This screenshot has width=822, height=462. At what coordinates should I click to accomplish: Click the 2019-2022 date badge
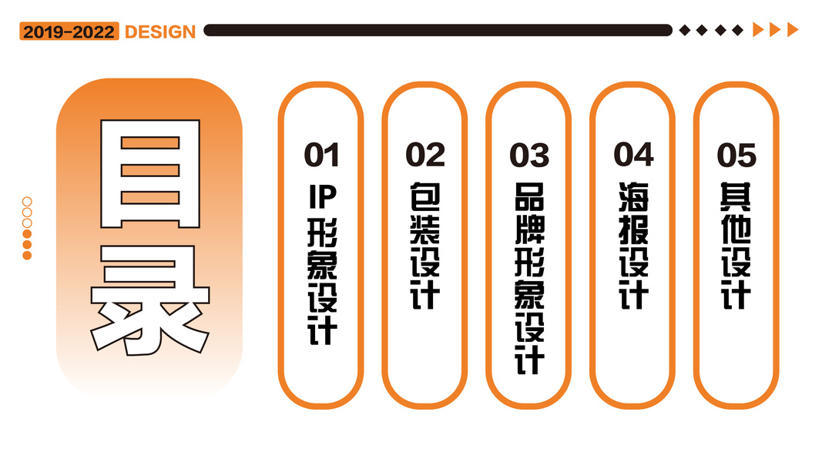click(x=69, y=32)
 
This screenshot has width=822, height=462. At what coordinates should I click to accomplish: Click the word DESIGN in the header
click(x=160, y=32)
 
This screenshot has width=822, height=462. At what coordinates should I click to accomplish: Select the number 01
click(x=321, y=155)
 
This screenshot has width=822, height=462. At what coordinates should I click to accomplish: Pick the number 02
click(x=425, y=155)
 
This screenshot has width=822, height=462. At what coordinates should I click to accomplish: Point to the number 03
click(x=529, y=155)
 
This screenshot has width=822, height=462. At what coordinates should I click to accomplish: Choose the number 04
click(x=633, y=154)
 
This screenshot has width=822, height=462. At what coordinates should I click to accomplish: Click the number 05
click(x=737, y=155)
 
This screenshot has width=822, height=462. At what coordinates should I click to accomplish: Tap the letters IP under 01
click(x=321, y=198)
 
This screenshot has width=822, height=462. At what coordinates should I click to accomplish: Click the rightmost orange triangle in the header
click(x=793, y=30)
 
